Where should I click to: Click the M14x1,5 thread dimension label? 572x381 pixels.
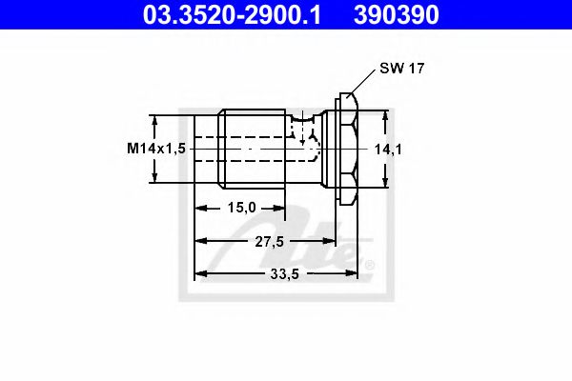155,149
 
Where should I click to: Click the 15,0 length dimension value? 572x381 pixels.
240,208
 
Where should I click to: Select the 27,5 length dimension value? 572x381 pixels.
270,241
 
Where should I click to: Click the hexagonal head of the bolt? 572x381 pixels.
347,148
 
